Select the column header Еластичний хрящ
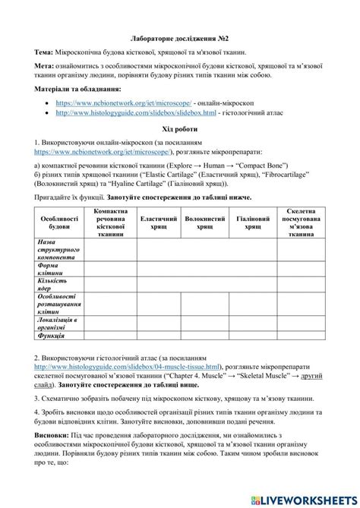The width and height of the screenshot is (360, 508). (159, 222)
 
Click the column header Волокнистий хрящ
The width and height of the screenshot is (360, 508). (205, 222)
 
